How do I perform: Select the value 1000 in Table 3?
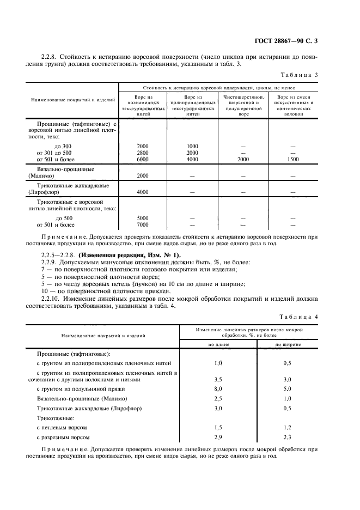(x=192, y=146)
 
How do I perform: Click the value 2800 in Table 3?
(x=143, y=153)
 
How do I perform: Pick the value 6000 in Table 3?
(x=143, y=159)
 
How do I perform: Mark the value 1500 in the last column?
(x=293, y=159)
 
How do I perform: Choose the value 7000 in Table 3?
(x=143, y=224)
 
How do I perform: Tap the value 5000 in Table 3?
(x=143, y=218)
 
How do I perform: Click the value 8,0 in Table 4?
(x=218, y=388)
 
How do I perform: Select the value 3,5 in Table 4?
(x=218, y=379)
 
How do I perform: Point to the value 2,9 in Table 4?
(x=218, y=437)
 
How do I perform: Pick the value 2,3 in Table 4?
(x=288, y=437)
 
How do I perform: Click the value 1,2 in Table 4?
(x=288, y=428)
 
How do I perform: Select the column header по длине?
(x=218, y=345)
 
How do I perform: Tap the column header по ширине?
(x=288, y=345)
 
